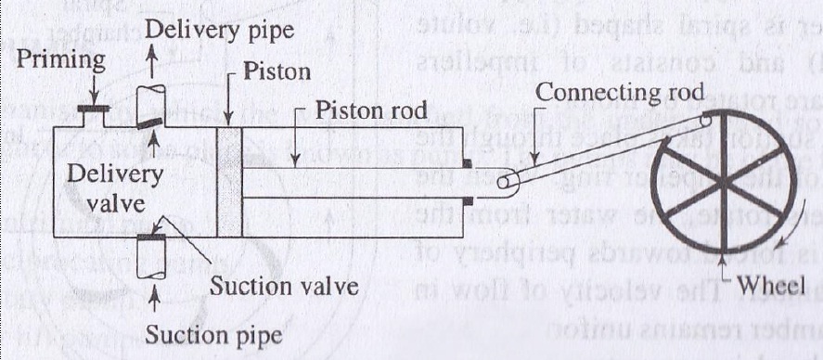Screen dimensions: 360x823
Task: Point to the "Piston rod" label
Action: pyautogui.click(x=370, y=112)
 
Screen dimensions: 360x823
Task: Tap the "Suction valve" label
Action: pyautogui.click(x=283, y=286)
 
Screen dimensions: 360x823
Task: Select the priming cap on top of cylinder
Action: pyautogui.click(x=95, y=109)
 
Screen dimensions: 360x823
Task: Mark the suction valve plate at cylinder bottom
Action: pyautogui.click(x=150, y=238)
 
